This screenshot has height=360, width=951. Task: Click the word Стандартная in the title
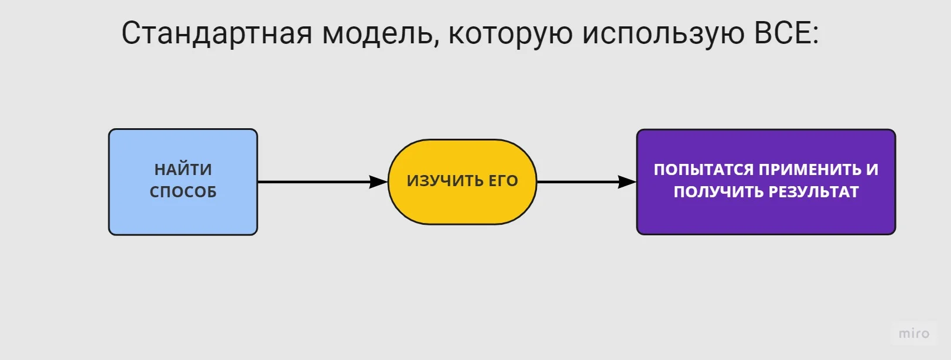click(x=217, y=33)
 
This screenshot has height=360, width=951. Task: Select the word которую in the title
click(x=510, y=34)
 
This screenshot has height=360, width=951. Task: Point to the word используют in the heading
click(x=663, y=34)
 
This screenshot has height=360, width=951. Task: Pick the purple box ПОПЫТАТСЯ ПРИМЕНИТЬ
click(x=766, y=217)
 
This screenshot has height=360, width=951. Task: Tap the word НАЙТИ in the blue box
click(x=183, y=170)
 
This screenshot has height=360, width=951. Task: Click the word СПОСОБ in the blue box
click(x=183, y=192)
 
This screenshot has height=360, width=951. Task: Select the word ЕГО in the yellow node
click(x=504, y=181)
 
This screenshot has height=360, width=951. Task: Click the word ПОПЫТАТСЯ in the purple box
click(x=703, y=170)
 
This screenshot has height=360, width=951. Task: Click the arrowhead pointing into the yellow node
click(x=379, y=182)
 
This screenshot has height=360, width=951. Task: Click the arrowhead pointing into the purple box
click(x=627, y=182)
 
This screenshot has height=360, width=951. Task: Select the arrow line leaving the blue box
click(x=310, y=182)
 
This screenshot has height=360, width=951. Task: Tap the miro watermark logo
click(x=914, y=334)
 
